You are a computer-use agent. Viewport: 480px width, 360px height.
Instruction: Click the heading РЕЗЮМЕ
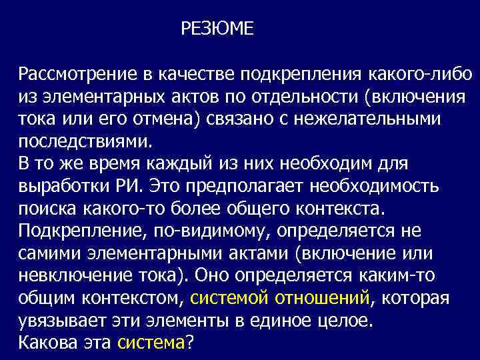[x=217, y=29]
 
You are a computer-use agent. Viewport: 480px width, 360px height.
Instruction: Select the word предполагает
[x=249, y=185]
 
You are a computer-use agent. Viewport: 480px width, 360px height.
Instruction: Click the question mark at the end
[x=189, y=343]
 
